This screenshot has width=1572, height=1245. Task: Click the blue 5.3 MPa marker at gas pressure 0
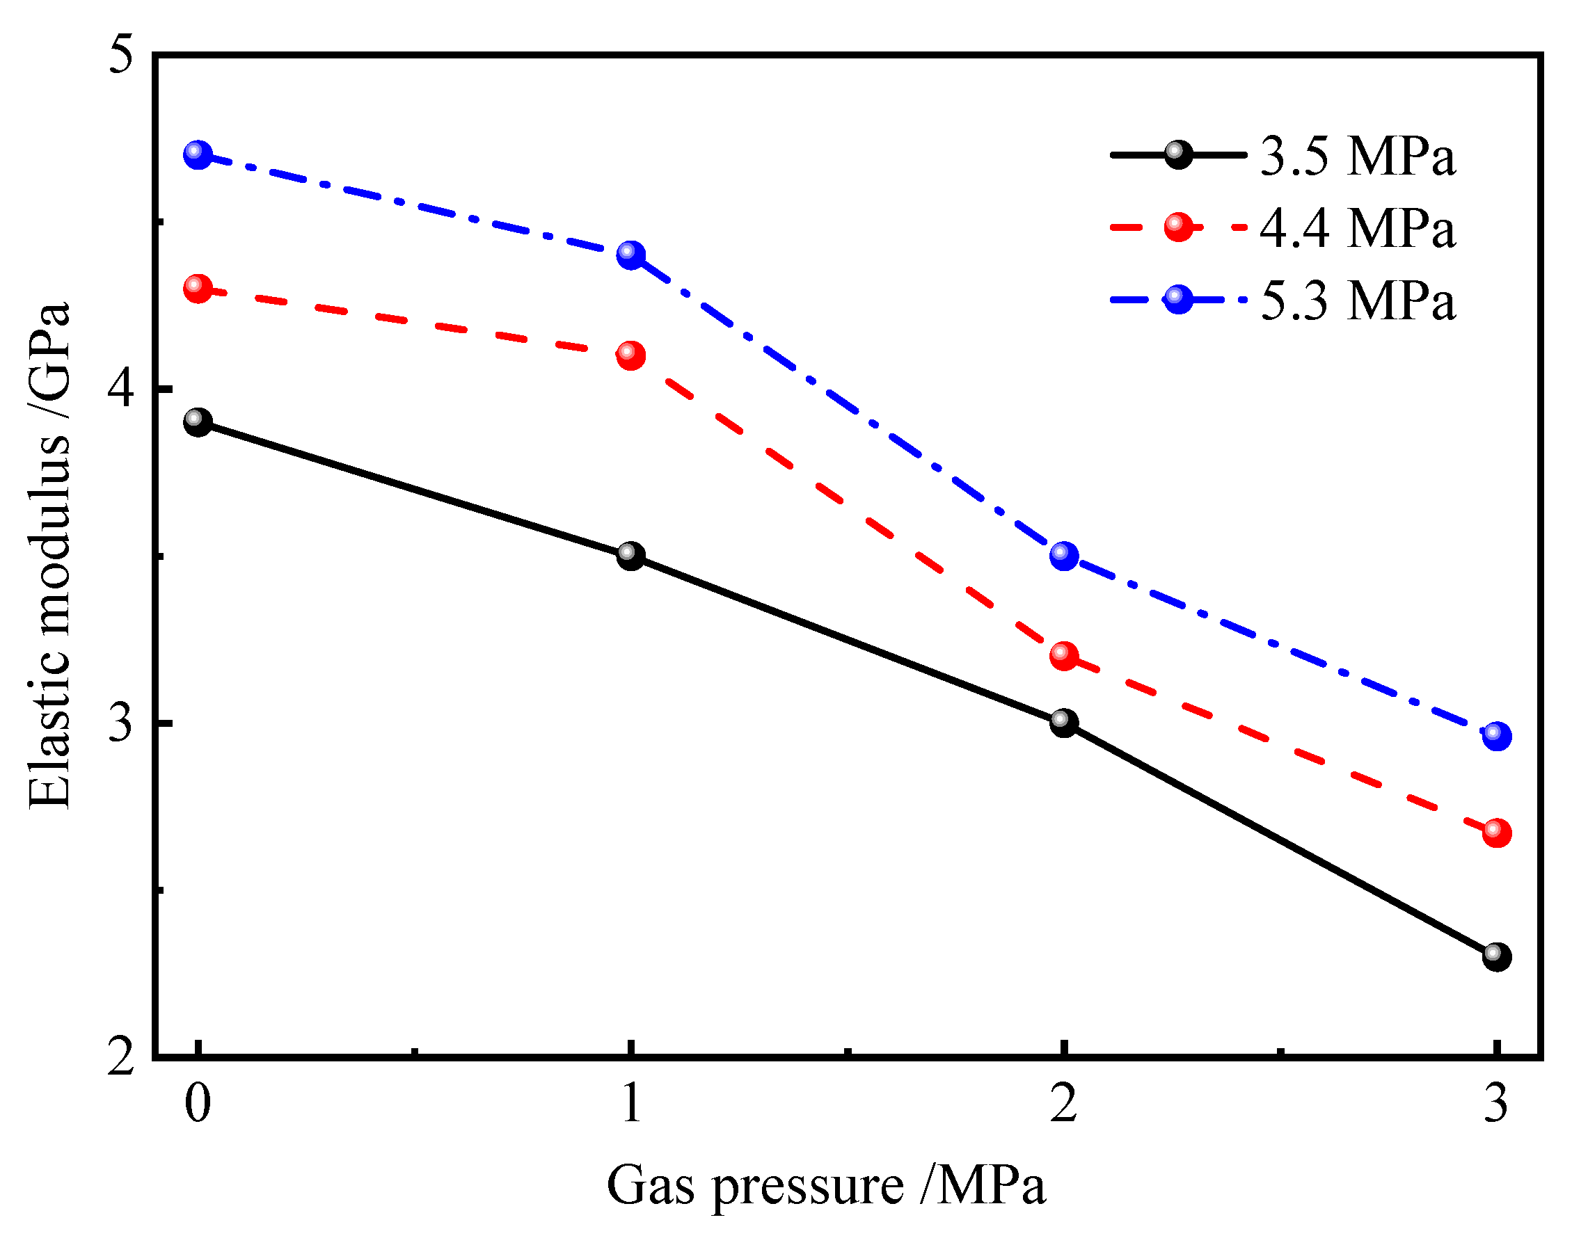click(198, 154)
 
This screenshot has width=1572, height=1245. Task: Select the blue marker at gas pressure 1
click(630, 255)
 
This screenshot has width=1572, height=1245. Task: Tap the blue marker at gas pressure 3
click(1497, 735)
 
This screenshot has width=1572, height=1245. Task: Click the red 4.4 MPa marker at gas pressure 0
click(198, 289)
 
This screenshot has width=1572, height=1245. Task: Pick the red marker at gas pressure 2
click(1064, 656)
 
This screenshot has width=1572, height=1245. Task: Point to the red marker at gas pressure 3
click(1497, 833)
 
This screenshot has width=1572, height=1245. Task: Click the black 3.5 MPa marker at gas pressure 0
click(198, 422)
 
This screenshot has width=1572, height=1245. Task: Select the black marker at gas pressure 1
click(630, 556)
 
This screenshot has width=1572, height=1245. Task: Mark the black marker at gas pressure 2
click(1064, 723)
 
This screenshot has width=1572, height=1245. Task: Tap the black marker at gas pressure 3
click(1497, 956)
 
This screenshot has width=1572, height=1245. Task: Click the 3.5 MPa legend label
click(1358, 156)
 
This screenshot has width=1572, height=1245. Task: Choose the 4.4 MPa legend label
click(1358, 228)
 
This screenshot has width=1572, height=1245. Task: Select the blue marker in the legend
click(1178, 299)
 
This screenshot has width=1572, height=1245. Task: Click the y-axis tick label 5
click(122, 54)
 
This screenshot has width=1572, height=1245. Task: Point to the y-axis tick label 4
click(122, 389)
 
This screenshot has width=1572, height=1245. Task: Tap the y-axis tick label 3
click(122, 723)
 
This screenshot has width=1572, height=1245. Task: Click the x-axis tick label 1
click(630, 1103)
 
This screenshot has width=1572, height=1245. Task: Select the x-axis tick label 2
click(1064, 1103)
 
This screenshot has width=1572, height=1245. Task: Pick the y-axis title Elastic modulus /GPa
click(49, 556)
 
